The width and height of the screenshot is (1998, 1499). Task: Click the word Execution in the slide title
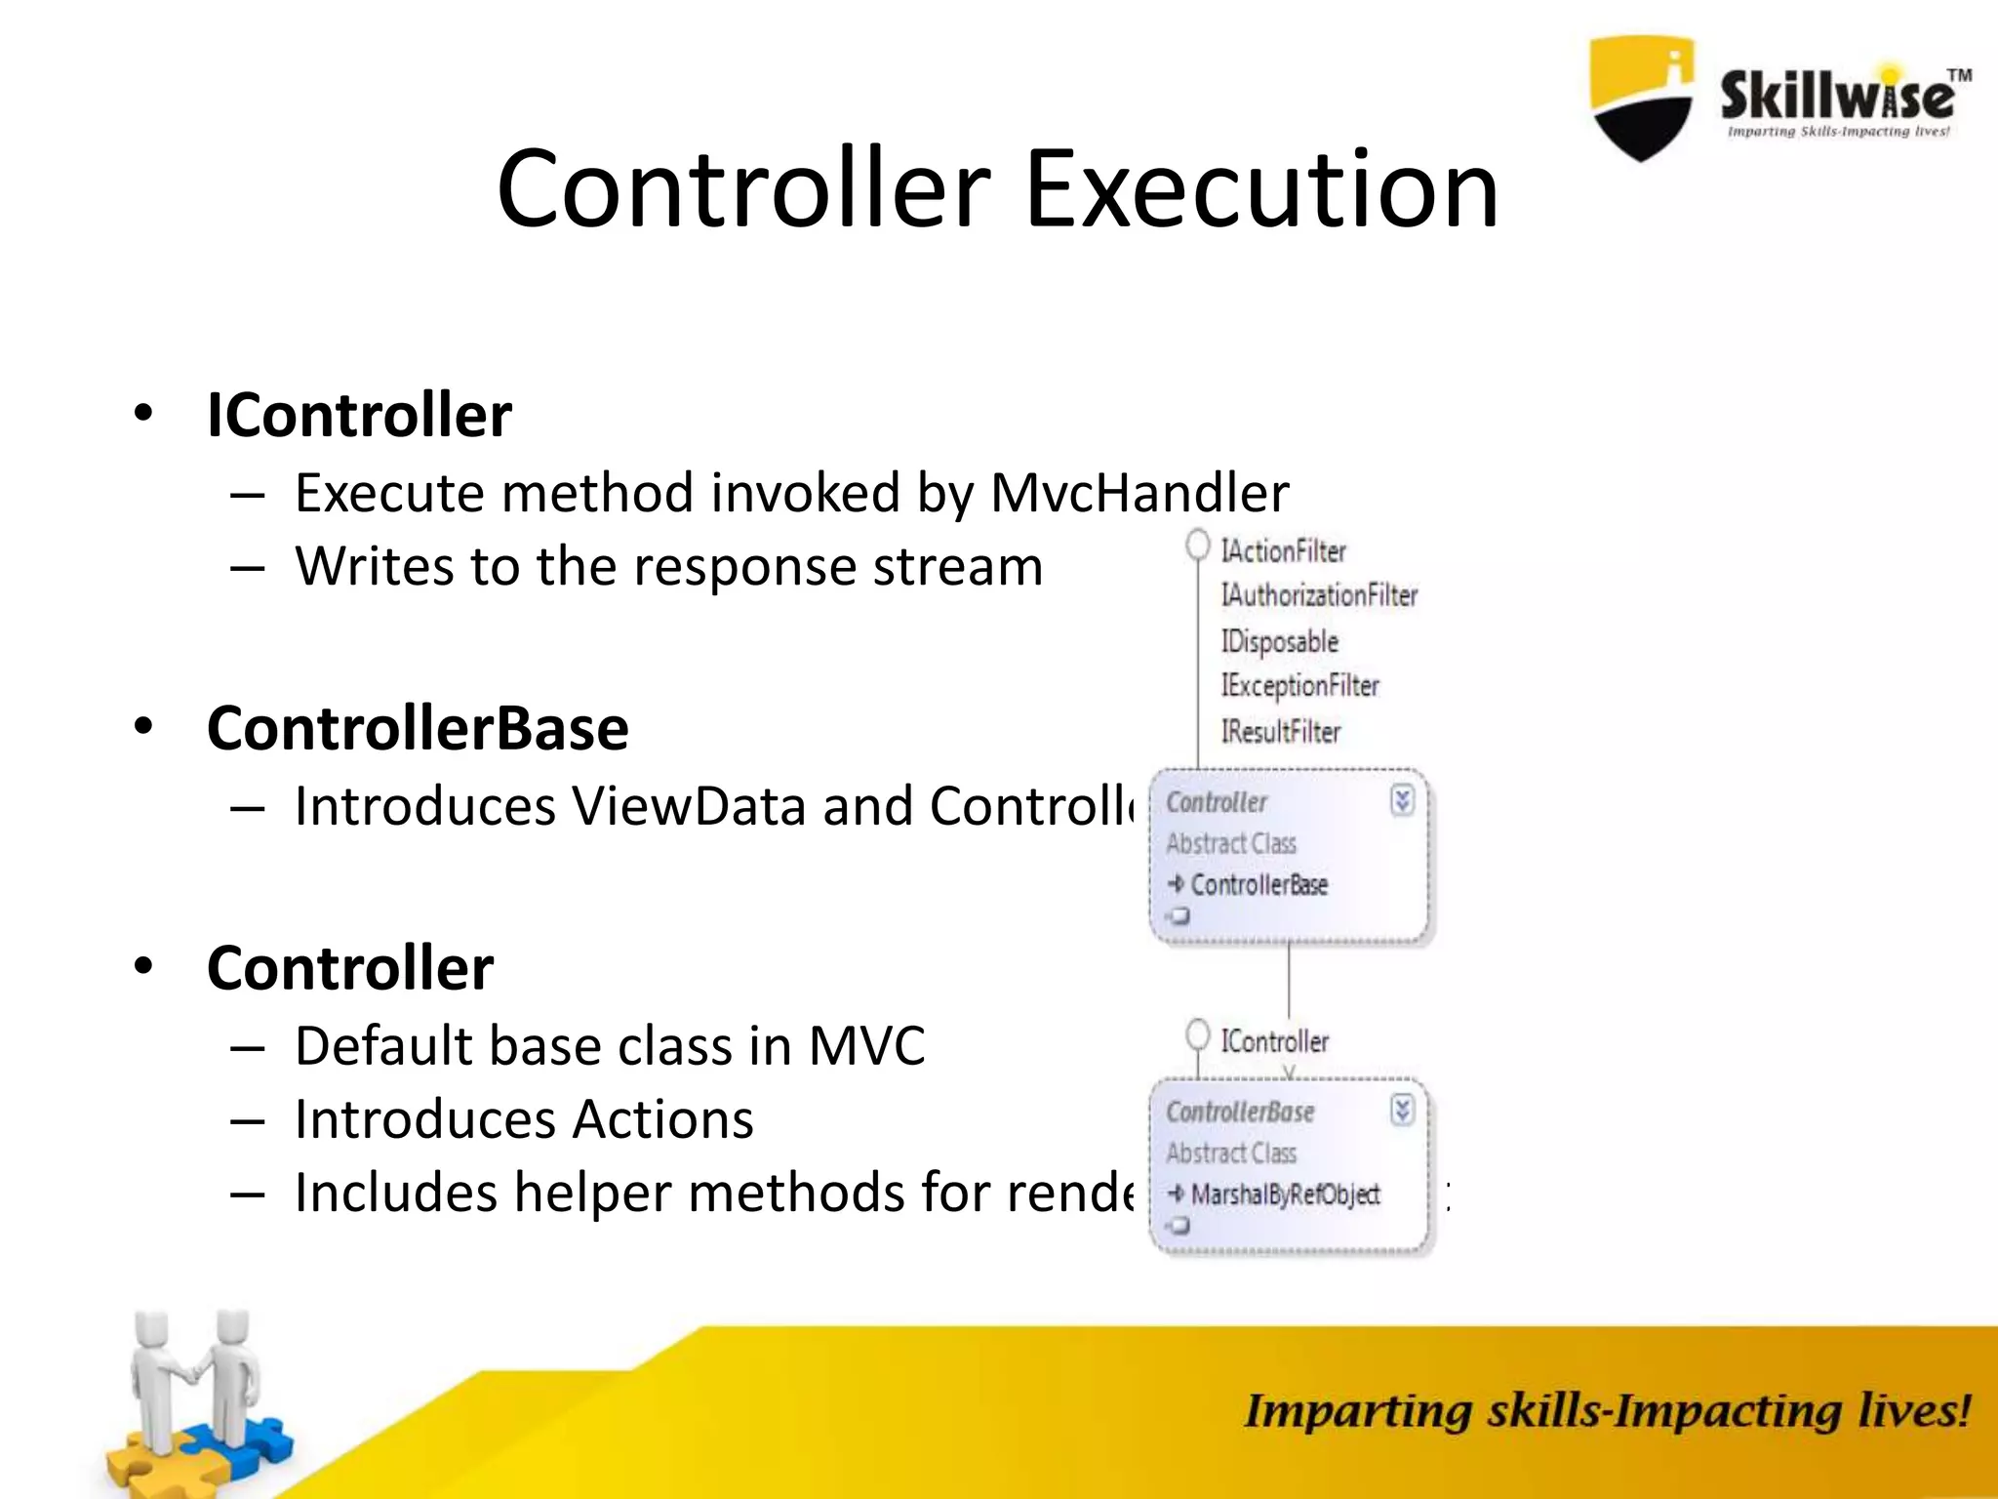1260,189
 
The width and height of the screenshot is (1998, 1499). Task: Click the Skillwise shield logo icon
1642,98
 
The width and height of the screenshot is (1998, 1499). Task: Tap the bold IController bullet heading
359,415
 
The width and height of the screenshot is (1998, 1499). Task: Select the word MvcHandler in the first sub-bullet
1139,493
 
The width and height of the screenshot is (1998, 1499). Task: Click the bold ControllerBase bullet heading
418,728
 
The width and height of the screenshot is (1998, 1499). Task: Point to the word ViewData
688,807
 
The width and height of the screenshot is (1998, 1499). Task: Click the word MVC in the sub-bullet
866,1046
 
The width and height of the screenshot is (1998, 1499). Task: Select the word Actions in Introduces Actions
663,1119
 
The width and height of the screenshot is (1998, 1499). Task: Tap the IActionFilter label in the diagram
1283,551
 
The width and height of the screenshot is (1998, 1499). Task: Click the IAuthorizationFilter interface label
1319,595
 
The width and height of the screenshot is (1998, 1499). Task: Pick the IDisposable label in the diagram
1280,641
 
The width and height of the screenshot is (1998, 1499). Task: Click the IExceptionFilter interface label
1300,686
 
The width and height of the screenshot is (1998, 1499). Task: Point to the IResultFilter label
1281,731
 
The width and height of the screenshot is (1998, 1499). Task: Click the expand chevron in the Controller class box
1402,801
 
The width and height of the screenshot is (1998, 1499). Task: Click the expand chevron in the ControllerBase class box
1402,1110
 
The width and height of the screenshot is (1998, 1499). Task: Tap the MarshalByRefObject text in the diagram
1285,1195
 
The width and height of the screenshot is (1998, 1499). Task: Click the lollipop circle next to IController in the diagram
1198,1034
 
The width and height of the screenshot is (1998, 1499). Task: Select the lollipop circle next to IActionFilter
1198,545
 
